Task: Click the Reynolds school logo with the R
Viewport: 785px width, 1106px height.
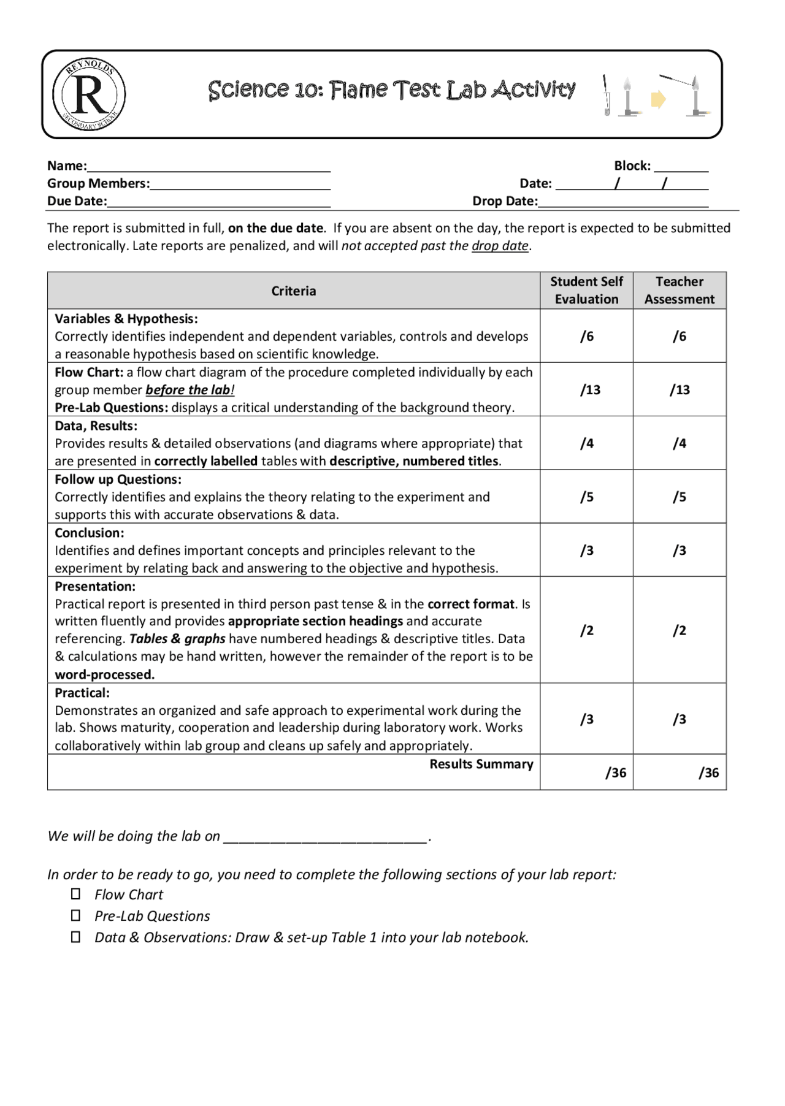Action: pyautogui.click(x=90, y=94)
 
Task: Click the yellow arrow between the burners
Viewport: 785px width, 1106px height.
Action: pyautogui.click(x=658, y=99)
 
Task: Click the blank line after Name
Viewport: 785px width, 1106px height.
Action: pyautogui.click(x=209, y=169)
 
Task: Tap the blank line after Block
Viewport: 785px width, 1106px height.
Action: pyautogui.click(x=681, y=169)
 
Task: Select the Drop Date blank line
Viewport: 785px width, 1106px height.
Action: pyautogui.click(x=622, y=204)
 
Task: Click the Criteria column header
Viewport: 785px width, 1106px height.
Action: pyautogui.click(x=293, y=291)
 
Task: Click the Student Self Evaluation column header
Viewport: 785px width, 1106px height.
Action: pyautogui.click(x=586, y=290)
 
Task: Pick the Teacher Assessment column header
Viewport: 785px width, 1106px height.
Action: pyautogui.click(x=679, y=290)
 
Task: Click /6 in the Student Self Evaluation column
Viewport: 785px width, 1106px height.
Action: pyautogui.click(x=587, y=336)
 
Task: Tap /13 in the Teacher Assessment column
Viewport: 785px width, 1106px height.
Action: pyautogui.click(x=679, y=389)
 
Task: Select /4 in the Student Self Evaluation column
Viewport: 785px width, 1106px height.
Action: pyautogui.click(x=587, y=443)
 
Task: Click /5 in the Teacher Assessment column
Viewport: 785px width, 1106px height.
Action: pyautogui.click(x=679, y=497)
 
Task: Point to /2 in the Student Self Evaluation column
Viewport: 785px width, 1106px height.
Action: pyautogui.click(x=587, y=630)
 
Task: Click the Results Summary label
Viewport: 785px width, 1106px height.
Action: pyautogui.click(x=481, y=764)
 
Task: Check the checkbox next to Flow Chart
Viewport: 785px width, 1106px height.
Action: pyautogui.click(x=75, y=894)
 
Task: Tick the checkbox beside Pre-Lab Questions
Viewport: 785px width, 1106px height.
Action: pyautogui.click(x=75, y=915)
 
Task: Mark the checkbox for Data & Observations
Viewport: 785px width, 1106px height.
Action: pyautogui.click(x=75, y=937)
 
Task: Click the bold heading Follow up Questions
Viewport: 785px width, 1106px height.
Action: pyautogui.click(x=118, y=479)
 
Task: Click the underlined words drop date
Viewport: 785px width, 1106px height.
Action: pyautogui.click(x=499, y=246)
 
